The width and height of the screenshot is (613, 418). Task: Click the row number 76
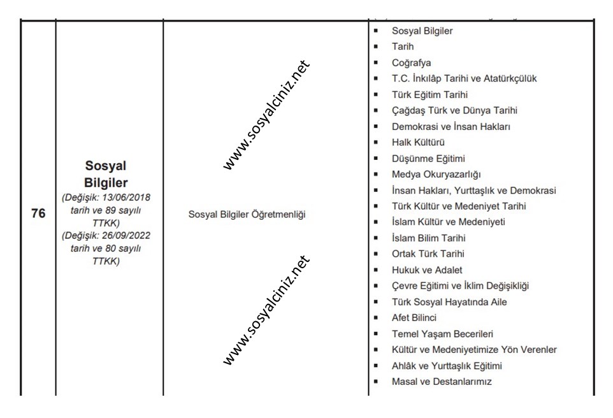(x=38, y=214)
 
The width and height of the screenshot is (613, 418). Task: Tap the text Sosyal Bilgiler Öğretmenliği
(x=247, y=214)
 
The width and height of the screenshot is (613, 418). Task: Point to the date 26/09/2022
(x=127, y=235)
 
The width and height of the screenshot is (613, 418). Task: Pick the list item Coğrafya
(x=412, y=62)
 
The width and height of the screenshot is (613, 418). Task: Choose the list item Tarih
(x=403, y=47)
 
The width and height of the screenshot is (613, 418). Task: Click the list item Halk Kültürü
(x=418, y=142)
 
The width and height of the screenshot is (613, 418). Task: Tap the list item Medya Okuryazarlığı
(x=436, y=174)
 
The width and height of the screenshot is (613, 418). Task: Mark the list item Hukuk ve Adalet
(x=428, y=270)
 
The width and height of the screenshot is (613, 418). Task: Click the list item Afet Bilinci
(x=414, y=317)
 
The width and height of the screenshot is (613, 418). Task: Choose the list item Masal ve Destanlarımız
(x=442, y=381)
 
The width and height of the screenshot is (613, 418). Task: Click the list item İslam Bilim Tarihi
(x=429, y=238)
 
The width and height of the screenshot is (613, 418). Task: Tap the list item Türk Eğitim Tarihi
(x=430, y=94)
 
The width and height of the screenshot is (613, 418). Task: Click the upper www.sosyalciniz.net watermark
(x=266, y=115)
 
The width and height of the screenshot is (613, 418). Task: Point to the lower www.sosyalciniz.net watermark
(x=266, y=310)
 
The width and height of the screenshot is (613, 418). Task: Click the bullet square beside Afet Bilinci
(x=378, y=317)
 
